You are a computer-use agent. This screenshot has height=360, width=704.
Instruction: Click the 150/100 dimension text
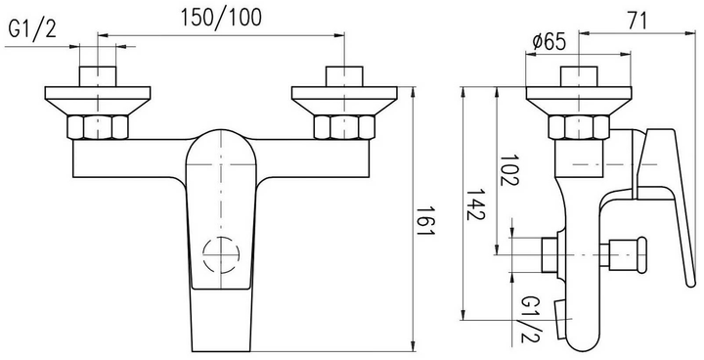click(x=220, y=19)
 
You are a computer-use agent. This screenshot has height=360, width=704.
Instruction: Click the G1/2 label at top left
click(x=32, y=29)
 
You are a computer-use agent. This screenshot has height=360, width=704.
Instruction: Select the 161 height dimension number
click(x=424, y=221)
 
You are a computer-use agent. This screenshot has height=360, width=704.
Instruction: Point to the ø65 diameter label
click(x=550, y=43)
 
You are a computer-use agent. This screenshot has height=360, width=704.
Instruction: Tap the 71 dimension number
click(x=638, y=22)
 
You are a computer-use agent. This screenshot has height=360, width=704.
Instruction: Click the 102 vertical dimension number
click(x=509, y=170)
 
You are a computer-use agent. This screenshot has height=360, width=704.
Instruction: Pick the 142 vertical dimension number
click(x=475, y=204)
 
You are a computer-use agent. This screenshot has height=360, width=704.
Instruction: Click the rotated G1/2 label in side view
click(x=531, y=320)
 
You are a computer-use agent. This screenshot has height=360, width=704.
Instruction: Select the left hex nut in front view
click(x=98, y=127)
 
